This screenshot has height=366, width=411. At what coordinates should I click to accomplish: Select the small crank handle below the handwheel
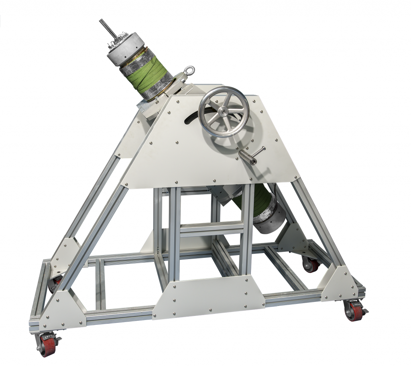pos(253,156)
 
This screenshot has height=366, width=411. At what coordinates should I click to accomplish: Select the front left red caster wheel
pos(47,344)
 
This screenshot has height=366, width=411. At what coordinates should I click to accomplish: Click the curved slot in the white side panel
pos(190,114)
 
